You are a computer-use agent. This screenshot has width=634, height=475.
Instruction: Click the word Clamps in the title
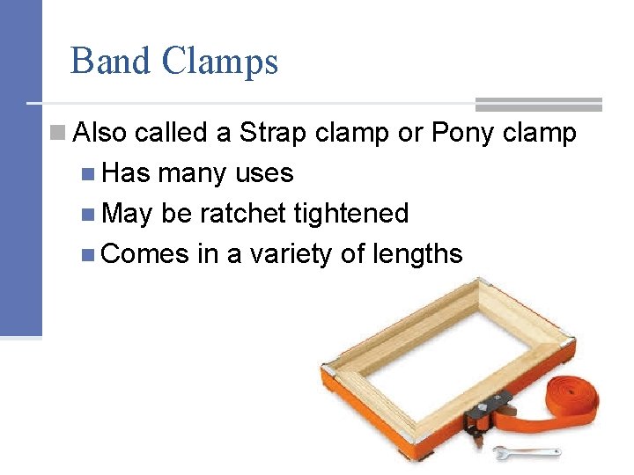click(x=220, y=62)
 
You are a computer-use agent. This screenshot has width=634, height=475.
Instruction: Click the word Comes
click(x=145, y=254)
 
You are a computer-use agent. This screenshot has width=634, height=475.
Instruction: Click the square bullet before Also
click(x=58, y=133)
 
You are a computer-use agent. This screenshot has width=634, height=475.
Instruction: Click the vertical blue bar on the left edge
click(x=20, y=167)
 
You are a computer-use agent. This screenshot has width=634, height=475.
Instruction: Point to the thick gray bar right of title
click(x=538, y=104)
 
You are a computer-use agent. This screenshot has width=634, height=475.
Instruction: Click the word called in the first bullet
click(x=173, y=133)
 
